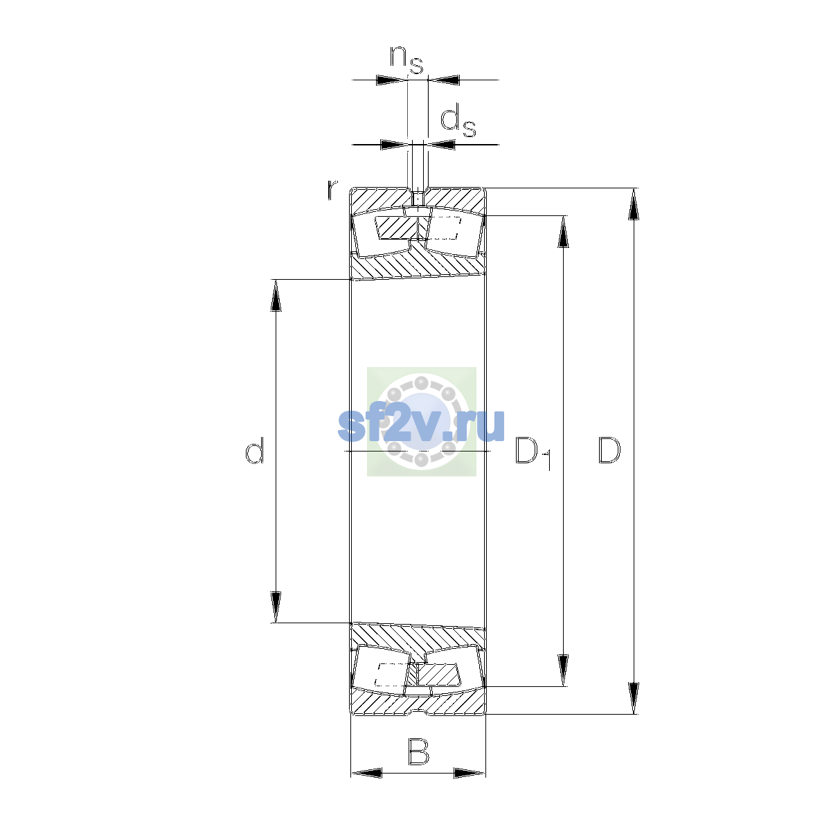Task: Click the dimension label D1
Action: pyautogui.click(x=533, y=454)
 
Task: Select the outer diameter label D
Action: pyautogui.click(x=609, y=451)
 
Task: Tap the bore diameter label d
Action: pyautogui.click(x=254, y=450)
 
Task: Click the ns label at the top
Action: pyautogui.click(x=406, y=60)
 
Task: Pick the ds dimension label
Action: pyautogui.click(x=458, y=122)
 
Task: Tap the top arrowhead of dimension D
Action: pyautogui.click(x=633, y=204)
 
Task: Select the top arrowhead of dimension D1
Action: pyautogui.click(x=563, y=231)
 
